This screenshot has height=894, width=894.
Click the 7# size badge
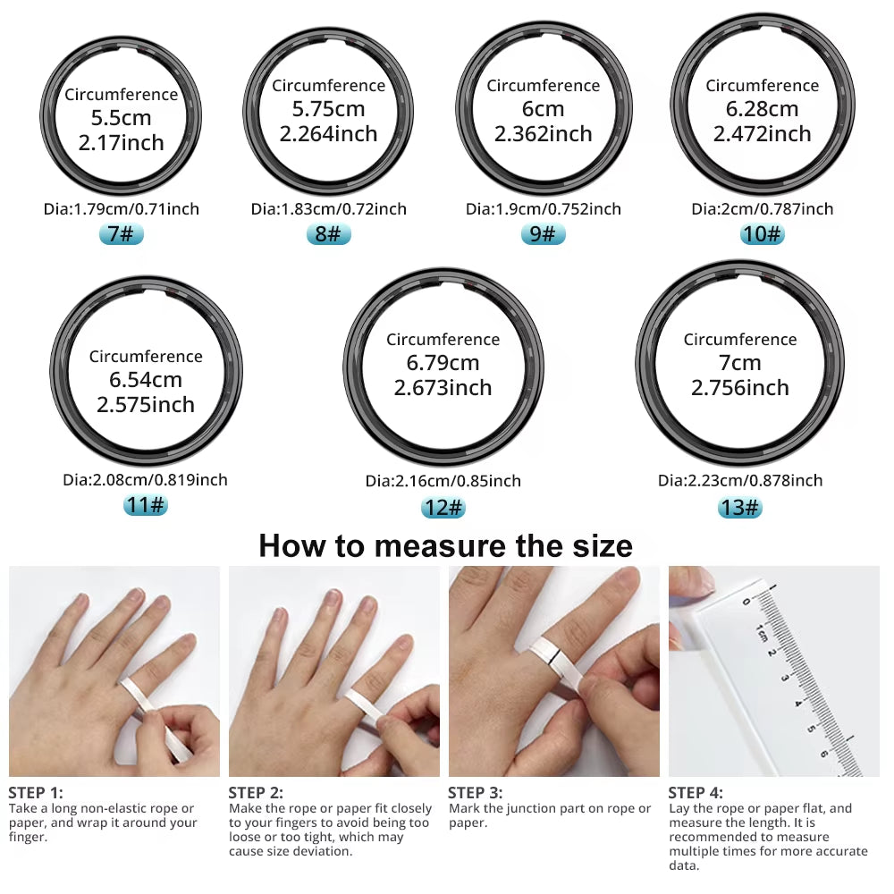(x=121, y=234)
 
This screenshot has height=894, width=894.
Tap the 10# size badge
(x=762, y=234)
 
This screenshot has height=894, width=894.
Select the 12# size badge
(x=443, y=507)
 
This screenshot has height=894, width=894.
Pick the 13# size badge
(x=739, y=507)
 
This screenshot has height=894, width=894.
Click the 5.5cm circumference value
(x=121, y=118)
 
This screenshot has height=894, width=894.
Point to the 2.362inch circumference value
(x=543, y=134)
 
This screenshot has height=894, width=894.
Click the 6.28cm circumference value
(x=762, y=109)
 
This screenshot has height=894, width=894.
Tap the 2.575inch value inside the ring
(x=146, y=404)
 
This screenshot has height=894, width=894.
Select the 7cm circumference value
(x=739, y=363)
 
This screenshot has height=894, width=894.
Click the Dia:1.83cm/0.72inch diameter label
(x=328, y=209)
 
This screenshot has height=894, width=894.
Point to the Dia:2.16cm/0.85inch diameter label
(x=443, y=481)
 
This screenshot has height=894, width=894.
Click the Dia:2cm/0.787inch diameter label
(x=762, y=209)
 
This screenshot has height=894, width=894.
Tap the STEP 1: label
(x=36, y=792)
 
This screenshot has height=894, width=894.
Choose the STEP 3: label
(x=475, y=792)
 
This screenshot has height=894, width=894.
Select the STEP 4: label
(x=696, y=792)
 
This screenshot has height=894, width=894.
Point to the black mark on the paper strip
(x=555, y=662)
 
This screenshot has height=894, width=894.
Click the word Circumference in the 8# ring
(x=328, y=86)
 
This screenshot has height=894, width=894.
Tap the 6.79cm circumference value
(x=443, y=363)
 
